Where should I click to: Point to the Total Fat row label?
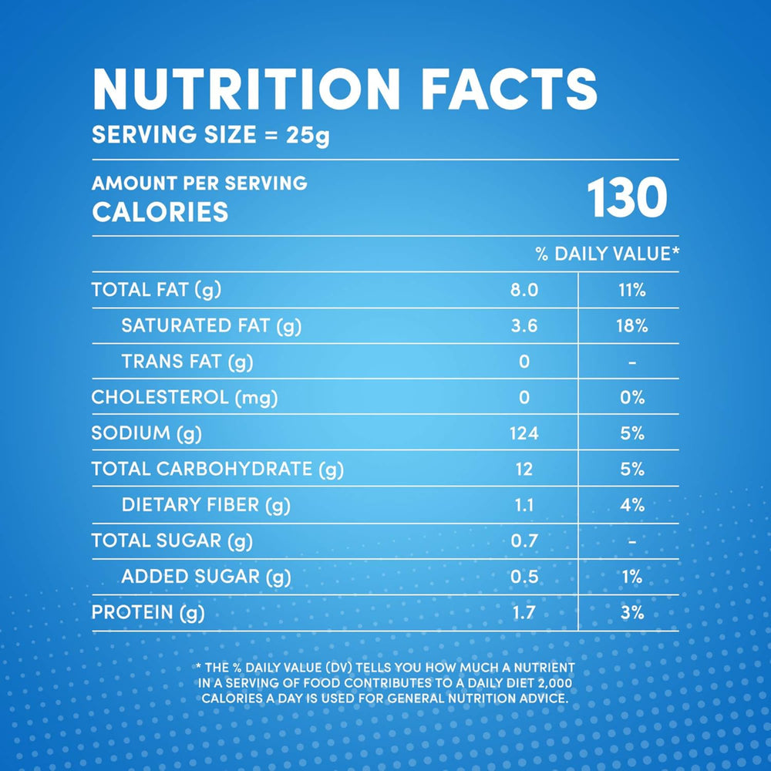click(157, 290)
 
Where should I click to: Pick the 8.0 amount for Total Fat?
click(524, 290)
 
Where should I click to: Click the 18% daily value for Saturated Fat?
click(631, 326)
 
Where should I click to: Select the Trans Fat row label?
click(187, 362)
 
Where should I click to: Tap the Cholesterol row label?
click(184, 398)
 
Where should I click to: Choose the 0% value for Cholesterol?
click(632, 398)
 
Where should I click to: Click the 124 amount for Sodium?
click(524, 433)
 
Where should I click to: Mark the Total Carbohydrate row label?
click(217, 469)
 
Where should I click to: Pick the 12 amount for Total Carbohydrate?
click(524, 469)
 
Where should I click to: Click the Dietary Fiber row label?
click(206, 505)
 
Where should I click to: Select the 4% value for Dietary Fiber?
click(632, 505)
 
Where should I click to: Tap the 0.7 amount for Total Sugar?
click(524, 540)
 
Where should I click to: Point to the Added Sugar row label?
click(206, 577)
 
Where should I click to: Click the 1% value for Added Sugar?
click(632, 577)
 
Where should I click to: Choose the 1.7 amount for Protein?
click(524, 613)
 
